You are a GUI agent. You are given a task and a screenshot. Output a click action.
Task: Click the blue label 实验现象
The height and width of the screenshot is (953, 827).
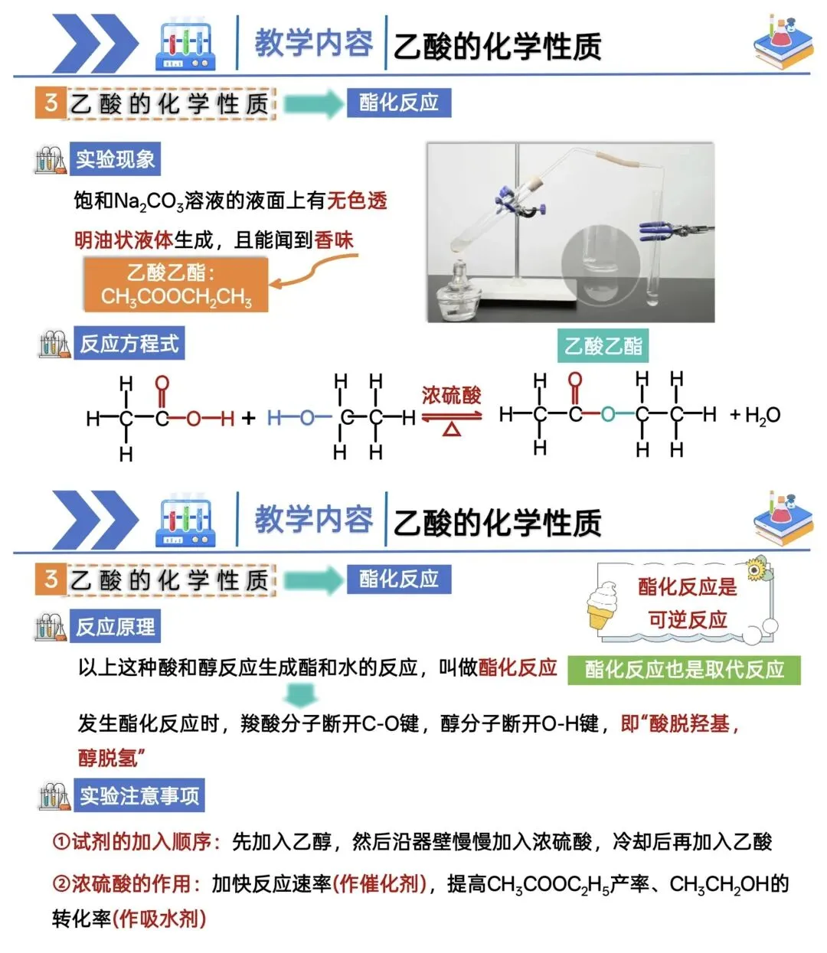pyautogui.click(x=115, y=159)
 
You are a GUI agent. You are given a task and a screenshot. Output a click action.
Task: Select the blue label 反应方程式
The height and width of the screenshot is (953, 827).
pyautogui.click(x=129, y=344)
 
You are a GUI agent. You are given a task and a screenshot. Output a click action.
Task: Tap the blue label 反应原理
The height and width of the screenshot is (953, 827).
pyautogui.click(x=115, y=627)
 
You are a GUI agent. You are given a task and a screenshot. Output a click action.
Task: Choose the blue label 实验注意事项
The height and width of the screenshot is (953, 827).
pyautogui.click(x=139, y=796)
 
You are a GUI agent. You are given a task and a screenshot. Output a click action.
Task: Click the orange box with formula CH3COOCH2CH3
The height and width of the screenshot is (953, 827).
pyautogui.click(x=176, y=285)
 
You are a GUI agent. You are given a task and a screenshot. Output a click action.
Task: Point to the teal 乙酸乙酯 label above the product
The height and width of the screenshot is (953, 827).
pyautogui.click(x=603, y=346)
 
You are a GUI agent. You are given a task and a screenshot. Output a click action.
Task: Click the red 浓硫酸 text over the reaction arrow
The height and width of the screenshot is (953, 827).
pyautogui.click(x=451, y=395)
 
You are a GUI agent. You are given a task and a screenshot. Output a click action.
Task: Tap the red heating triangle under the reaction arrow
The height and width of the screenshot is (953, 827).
pyautogui.click(x=451, y=429)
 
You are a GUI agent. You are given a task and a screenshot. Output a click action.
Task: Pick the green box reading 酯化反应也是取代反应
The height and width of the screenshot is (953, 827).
pyautogui.click(x=684, y=670)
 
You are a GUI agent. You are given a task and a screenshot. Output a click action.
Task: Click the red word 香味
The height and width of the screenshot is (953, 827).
pyautogui.click(x=334, y=240)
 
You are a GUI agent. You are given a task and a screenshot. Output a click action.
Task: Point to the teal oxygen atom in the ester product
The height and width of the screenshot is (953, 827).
pyautogui.click(x=608, y=415)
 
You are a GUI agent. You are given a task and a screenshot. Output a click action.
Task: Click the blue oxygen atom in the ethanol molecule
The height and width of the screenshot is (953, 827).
pyautogui.click(x=307, y=418)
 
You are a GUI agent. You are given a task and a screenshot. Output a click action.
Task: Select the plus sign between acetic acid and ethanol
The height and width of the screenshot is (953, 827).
pyautogui.click(x=248, y=418)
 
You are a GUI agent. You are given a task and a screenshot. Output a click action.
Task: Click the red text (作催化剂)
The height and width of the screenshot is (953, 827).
pyautogui.click(x=380, y=884)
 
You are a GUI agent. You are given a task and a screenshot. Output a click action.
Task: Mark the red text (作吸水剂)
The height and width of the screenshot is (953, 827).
pyautogui.click(x=159, y=918)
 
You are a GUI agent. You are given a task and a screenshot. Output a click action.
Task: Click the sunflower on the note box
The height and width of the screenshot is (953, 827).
pyautogui.click(x=757, y=569)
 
